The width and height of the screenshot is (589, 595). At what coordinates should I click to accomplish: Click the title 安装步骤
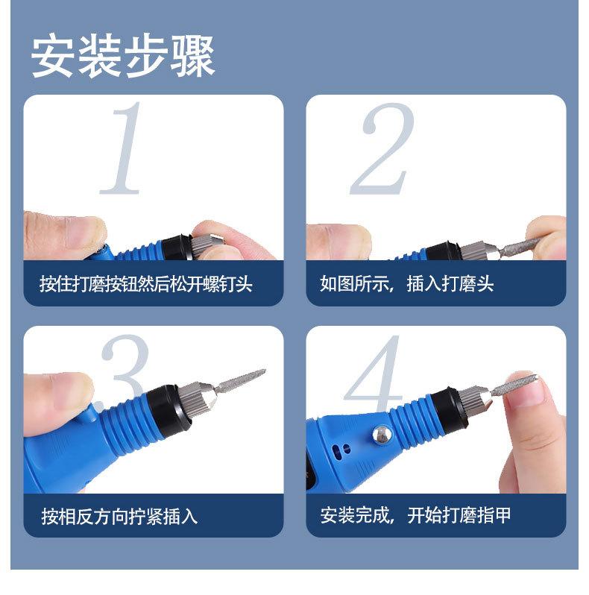pos(123,57)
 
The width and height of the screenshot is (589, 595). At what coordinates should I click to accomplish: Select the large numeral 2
pos(382,149)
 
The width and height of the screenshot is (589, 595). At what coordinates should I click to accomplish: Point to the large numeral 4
pos(374,374)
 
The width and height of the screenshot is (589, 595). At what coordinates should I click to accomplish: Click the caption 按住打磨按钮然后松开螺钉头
pos(145,284)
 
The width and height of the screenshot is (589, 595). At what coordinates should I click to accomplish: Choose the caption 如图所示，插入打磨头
pos(406,283)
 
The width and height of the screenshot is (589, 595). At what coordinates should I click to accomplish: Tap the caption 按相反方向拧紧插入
pos(119,516)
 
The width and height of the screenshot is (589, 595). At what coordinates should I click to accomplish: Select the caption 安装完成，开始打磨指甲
pos(415,515)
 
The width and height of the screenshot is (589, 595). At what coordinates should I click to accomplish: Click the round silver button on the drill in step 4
pos(382,435)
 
